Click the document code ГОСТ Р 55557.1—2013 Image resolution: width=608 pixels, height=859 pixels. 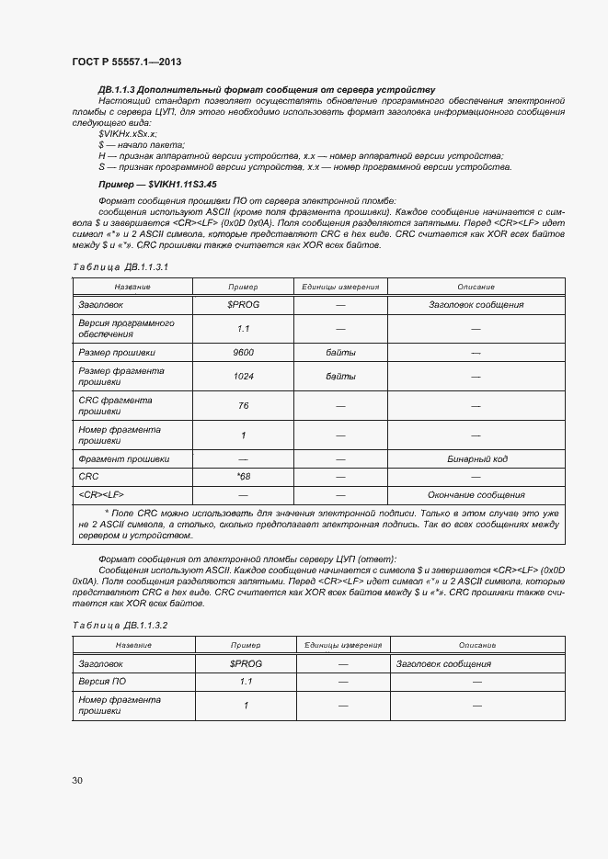pos(126,62)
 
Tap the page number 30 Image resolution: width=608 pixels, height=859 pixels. pos(77,780)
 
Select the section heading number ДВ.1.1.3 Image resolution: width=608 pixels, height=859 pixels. pos(117,89)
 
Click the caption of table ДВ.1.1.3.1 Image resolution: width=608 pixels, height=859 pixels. pos(120,266)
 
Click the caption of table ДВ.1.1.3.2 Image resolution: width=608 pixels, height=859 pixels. pos(120,625)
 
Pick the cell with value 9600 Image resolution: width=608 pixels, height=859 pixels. pos(244,352)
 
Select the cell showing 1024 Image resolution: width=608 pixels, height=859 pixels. pos(244,376)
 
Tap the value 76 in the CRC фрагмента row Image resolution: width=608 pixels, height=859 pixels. pos(244,405)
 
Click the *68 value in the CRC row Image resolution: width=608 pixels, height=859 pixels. pos(244,476)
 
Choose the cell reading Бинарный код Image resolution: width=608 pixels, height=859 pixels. pos(476,458)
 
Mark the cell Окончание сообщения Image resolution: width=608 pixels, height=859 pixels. pos(476,493)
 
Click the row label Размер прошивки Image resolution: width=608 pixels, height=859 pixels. pos(117,352)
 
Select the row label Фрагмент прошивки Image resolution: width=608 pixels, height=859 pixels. pos(124,458)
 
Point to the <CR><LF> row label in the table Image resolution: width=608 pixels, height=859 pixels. pos(101,493)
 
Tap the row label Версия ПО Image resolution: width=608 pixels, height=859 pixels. pos(102,681)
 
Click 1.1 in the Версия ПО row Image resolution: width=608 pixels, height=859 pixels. pos(246,681)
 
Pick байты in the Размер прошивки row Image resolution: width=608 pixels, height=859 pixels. pos(340,352)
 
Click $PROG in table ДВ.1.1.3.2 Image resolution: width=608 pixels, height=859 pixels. pos(246,663)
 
